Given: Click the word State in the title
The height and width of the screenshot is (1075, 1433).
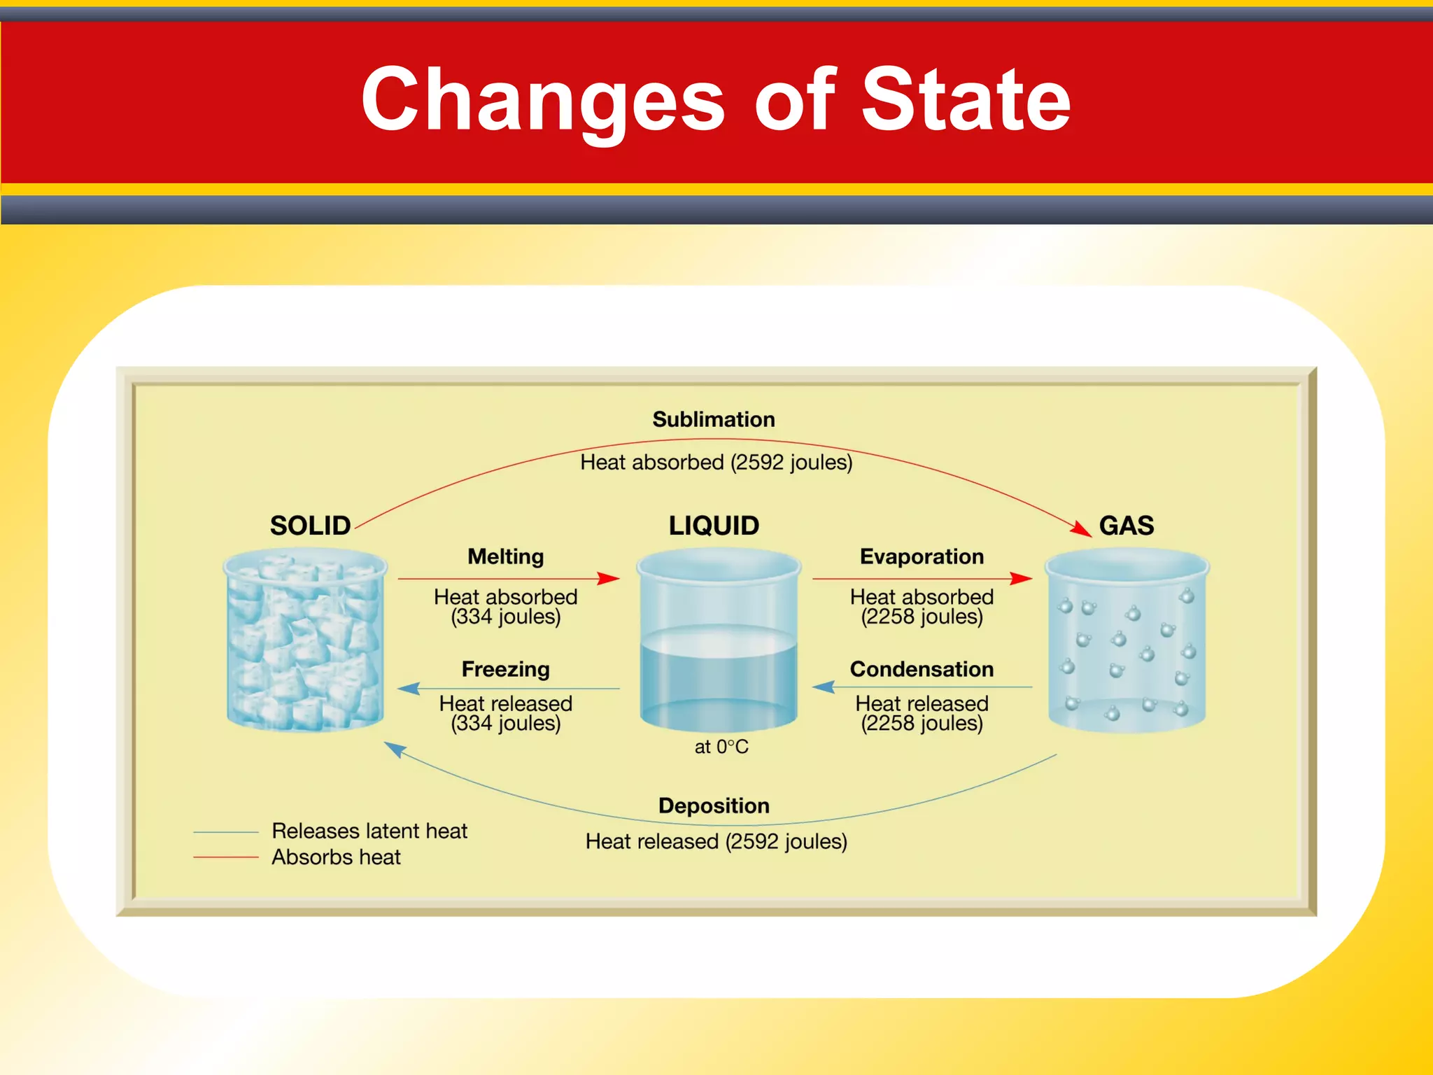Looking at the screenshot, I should [966, 99].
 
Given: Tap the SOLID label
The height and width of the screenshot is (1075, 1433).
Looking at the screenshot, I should [310, 526].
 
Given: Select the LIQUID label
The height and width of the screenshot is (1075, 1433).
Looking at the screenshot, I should [714, 526].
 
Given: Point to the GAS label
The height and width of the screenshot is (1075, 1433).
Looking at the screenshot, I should [1126, 526].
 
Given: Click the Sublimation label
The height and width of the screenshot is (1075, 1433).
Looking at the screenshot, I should [714, 419].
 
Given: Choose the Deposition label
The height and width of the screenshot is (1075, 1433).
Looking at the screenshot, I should [714, 806].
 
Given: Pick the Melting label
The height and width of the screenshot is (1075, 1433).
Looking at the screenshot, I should [505, 556].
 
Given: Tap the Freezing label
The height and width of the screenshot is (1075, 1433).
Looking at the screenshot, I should [505, 669].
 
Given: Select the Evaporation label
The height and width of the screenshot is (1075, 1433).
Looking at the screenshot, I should [922, 556].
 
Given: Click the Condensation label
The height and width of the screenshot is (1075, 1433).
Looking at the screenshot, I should [922, 669].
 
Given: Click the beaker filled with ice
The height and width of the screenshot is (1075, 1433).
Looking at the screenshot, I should [305, 640].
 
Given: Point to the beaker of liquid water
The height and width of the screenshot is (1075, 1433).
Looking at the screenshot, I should [719, 640].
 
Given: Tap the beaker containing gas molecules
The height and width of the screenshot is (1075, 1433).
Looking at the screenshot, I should [1127, 640].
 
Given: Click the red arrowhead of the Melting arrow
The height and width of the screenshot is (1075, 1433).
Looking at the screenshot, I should [610, 579].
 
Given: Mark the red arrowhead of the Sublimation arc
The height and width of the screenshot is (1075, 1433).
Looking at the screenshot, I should [1082, 529].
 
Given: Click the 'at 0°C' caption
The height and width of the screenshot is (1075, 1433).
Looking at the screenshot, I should [721, 747].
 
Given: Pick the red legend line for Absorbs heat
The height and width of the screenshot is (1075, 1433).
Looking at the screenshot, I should [225, 857].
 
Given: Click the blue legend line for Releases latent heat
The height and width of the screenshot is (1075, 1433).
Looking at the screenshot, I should [225, 831].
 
